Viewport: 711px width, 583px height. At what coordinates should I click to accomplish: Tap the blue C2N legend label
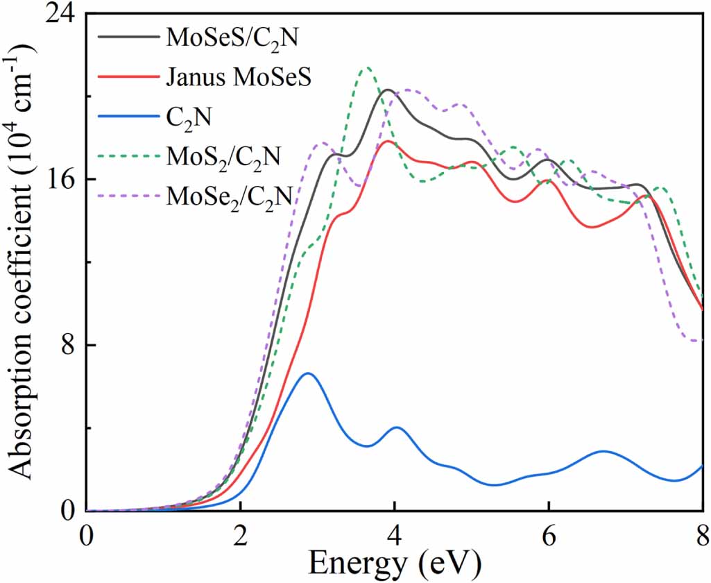[189, 118]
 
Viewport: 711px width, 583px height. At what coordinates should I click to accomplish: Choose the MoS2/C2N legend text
[223, 156]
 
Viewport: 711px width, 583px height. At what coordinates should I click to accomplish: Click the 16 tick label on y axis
[58, 179]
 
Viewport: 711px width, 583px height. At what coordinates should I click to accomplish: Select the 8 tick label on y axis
[67, 345]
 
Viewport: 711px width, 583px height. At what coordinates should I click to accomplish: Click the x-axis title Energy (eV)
[394, 564]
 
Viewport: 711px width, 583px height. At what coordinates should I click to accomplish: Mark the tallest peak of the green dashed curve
[367, 68]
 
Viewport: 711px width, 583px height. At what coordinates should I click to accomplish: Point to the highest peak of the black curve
[388, 90]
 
